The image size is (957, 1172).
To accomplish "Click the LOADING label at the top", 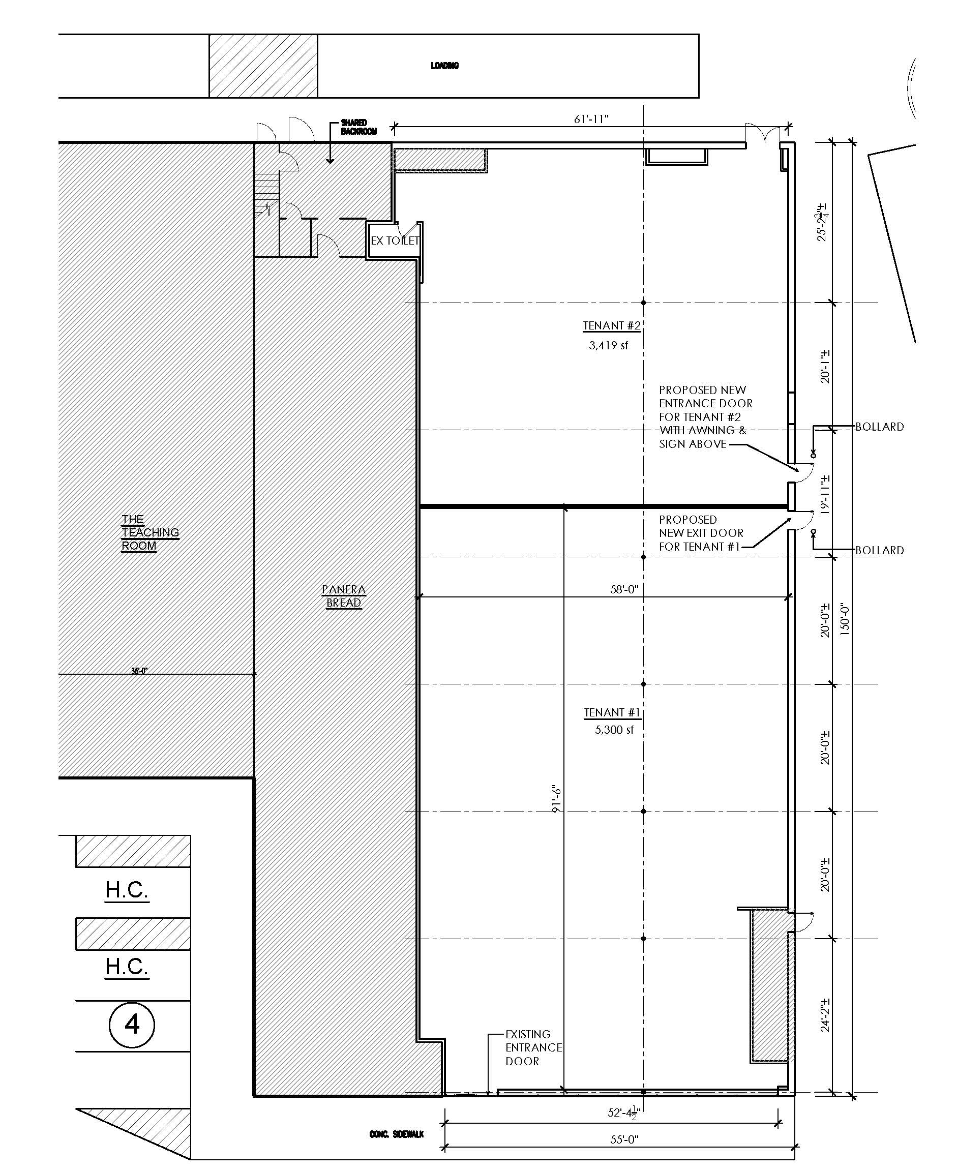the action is click(x=444, y=66).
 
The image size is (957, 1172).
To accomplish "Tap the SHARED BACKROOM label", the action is click(x=358, y=127).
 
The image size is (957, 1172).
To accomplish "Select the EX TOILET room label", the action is click(x=395, y=241).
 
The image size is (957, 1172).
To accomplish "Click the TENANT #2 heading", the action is click(x=612, y=326).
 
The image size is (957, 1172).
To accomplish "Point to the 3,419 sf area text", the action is click(x=609, y=346).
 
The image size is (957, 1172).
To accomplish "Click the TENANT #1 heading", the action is click(x=612, y=713).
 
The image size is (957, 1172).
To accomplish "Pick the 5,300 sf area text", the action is click(x=614, y=730).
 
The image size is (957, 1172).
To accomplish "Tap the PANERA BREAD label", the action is click(x=343, y=596).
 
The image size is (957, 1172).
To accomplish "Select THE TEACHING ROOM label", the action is click(x=150, y=532).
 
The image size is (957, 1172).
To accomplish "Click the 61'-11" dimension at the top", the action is click(x=591, y=119).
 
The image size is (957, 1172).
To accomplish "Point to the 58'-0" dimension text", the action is click(x=624, y=589).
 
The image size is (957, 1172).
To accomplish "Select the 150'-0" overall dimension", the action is click(x=845, y=620).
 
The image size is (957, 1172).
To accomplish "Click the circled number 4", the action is click(x=132, y=1025).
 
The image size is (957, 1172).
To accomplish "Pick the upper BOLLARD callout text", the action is click(x=879, y=427).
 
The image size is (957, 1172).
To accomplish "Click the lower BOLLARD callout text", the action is click(x=879, y=550).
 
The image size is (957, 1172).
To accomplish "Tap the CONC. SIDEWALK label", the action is click(x=396, y=1134).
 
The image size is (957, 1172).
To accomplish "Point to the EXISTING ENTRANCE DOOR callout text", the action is click(x=533, y=1047).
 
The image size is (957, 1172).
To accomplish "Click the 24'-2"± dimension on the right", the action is click(x=825, y=1014).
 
